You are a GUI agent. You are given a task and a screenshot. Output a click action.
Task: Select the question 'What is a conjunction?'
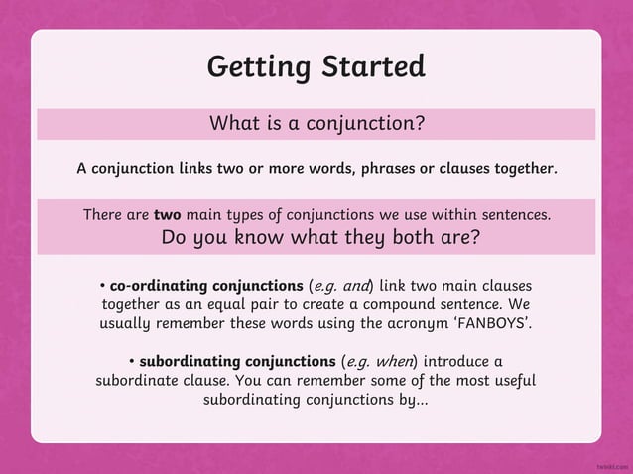point(316,124)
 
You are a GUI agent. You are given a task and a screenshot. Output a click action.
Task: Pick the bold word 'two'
point(167,214)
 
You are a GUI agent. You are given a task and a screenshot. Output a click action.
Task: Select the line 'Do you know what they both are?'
point(320,238)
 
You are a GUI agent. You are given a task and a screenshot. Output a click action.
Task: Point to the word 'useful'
point(511,379)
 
